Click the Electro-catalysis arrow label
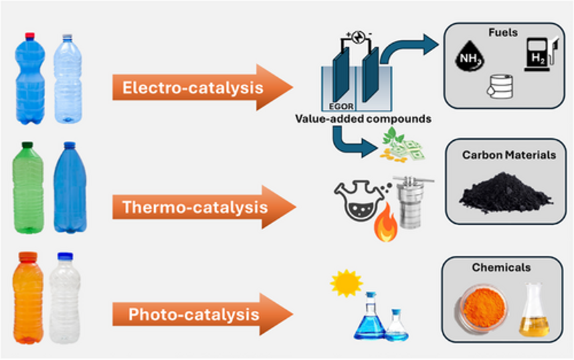point(193,88)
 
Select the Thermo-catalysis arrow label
point(195,207)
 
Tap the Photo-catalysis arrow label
point(193,313)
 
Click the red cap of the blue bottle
point(29,36)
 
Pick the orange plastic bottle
point(28,297)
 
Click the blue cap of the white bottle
point(64,256)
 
